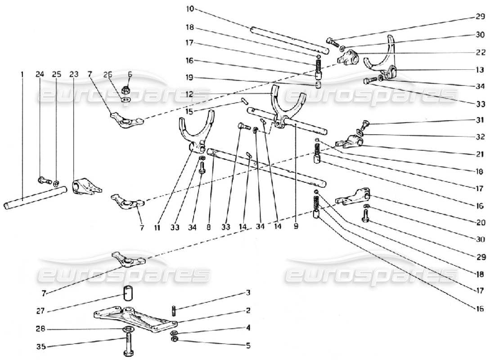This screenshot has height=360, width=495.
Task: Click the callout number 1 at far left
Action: coord(22,74)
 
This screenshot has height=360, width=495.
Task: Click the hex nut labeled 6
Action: coord(126,88)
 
